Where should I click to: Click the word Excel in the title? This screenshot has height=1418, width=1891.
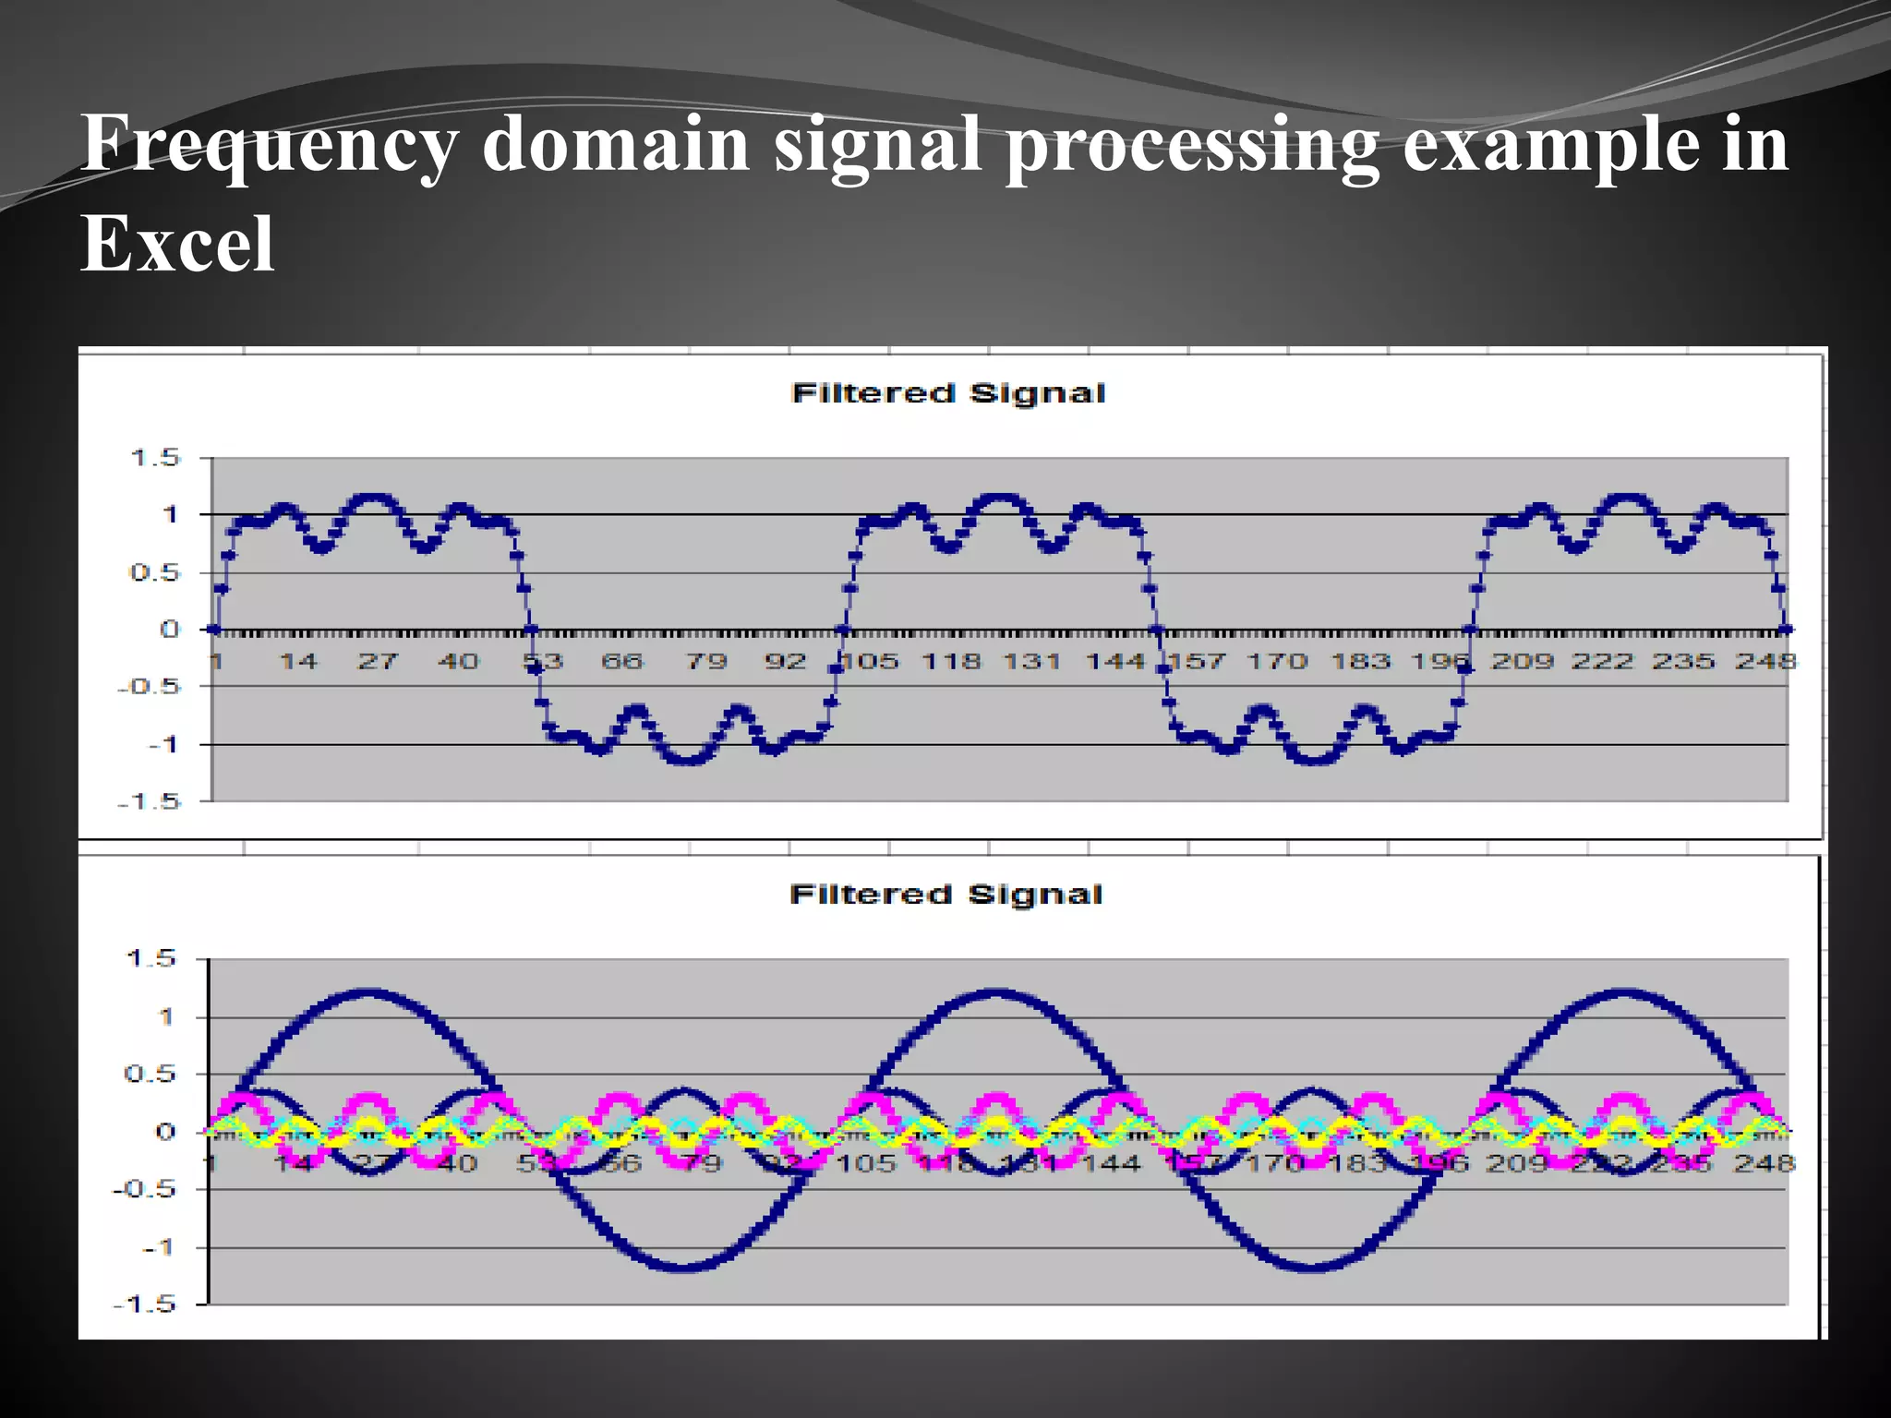point(177,244)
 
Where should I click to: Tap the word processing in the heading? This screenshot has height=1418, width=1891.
point(1191,146)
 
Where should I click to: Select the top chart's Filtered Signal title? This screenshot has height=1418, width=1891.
point(948,393)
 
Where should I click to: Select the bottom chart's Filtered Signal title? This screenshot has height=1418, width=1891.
point(946,895)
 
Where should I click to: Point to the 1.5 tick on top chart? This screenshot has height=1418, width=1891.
point(155,457)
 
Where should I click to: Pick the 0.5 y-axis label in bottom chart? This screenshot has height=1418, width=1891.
point(149,1074)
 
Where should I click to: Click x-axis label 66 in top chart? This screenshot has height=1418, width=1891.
point(621,661)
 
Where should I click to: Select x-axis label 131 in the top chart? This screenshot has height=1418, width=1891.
point(1031,661)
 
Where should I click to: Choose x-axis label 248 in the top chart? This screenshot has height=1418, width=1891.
point(1765,661)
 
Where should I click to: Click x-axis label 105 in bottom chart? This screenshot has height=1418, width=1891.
point(866,1163)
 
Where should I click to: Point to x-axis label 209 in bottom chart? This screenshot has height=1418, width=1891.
point(1515,1163)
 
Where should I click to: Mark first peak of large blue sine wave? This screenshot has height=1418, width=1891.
point(368,993)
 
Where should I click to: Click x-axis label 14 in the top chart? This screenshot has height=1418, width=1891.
point(298,661)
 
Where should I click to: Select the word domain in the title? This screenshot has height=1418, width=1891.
point(615,146)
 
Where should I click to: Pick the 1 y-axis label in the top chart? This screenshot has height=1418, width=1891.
point(170,514)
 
